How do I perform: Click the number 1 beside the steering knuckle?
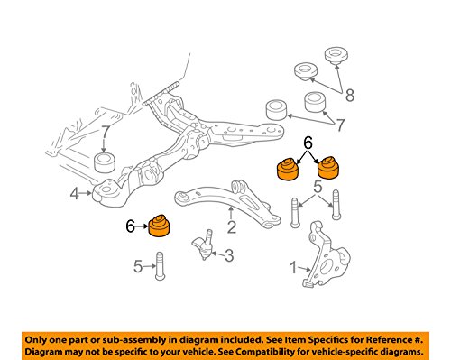pyautogui.click(x=293, y=267)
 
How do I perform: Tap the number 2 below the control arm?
pyautogui.click(x=231, y=227)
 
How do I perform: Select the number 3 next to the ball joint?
pyautogui.click(x=229, y=255)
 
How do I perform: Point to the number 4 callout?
pyautogui.click(x=75, y=193)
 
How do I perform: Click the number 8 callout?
pyautogui.click(x=350, y=96)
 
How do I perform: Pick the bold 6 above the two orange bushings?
pyautogui.click(x=308, y=143)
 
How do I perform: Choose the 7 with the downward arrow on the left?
pyautogui.click(x=105, y=132)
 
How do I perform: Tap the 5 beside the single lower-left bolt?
pyautogui.click(x=138, y=266)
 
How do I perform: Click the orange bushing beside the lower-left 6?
pyautogui.click(x=160, y=226)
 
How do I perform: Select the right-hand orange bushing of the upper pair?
pyautogui.click(x=328, y=168)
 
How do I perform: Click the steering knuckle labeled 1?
pyautogui.click(x=327, y=255)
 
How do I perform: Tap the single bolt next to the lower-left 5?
pyautogui.click(x=161, y=266)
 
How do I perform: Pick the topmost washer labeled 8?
pyautogui.click(x=336, y=56)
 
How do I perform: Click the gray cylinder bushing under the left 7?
pyautogui.click(x=106, y=162)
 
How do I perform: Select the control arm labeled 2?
pyautogui.click(x=227, y=203)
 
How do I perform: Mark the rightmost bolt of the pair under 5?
pyautogui.click(x=336, y=205)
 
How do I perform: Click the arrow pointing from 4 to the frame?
pyautogui.click(x=87, y=193)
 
